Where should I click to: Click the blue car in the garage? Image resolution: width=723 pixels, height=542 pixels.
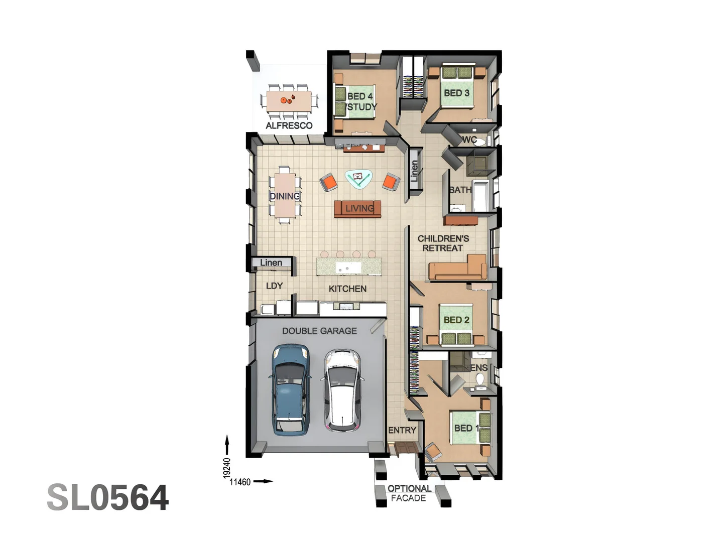tap(290, 389)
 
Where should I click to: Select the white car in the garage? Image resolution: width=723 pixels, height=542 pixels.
tap(341, 390)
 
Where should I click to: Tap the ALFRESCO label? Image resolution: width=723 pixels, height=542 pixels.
tap(289, 125)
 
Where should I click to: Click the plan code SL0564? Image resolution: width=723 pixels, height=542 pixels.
tap(108, 498)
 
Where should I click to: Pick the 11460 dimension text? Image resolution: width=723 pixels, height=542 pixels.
tap(240, 482)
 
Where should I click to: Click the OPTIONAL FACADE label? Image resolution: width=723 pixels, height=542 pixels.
tap(409, 493)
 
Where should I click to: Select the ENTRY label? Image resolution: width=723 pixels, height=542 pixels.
tap(402, 430)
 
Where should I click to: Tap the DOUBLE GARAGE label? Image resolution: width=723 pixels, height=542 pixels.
tap(319, 331)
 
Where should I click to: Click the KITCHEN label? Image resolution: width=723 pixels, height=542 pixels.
tap(347, 289)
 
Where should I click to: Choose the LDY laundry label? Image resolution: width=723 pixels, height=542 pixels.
tap(274, 286)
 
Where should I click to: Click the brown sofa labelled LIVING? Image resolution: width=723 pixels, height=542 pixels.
tap(358, 209)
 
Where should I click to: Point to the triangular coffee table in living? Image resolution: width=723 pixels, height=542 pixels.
tap(358, 178)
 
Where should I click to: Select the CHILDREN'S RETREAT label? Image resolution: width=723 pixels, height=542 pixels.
tap(443, 243)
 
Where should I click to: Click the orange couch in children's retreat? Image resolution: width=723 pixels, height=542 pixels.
tap(457, 268)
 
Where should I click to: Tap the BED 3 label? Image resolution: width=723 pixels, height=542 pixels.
tap(456, 93)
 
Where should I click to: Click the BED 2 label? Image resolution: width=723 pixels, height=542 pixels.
tap(456, 320)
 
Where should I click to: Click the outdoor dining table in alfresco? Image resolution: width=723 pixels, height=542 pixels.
tap(289, 100)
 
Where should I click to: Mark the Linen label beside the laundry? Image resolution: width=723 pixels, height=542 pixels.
tap(271, 262)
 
